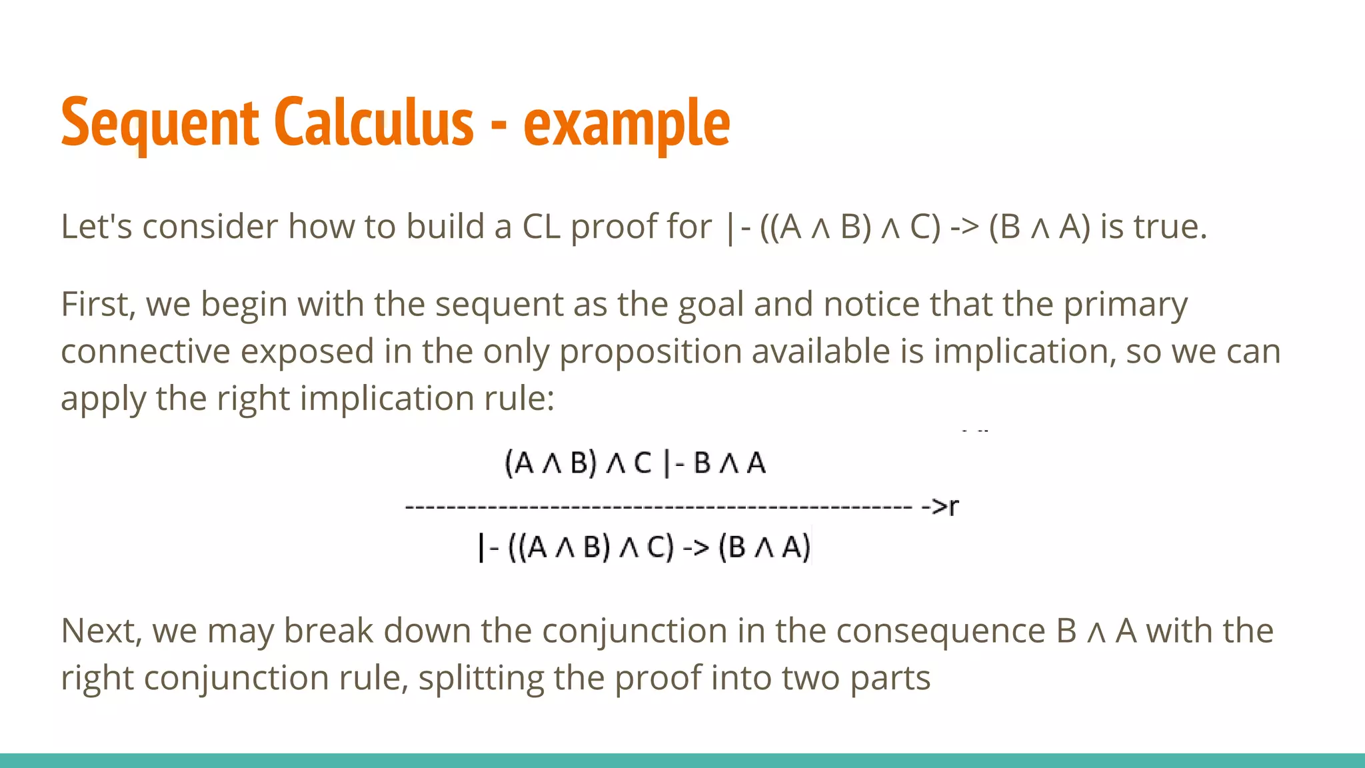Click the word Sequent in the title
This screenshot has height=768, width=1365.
coord(159,123)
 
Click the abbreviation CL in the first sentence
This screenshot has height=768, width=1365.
coord(541,227)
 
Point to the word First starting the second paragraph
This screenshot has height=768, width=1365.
coord(97,304)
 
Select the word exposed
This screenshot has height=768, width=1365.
coord(307,352)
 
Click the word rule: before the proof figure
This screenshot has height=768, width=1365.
coord(521,399)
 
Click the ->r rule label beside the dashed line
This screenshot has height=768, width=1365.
coord(940,507)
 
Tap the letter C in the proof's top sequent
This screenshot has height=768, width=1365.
coord(642,463)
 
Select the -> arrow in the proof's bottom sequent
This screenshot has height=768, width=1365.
coord(695,548)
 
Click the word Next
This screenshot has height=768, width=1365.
coord(101,631)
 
